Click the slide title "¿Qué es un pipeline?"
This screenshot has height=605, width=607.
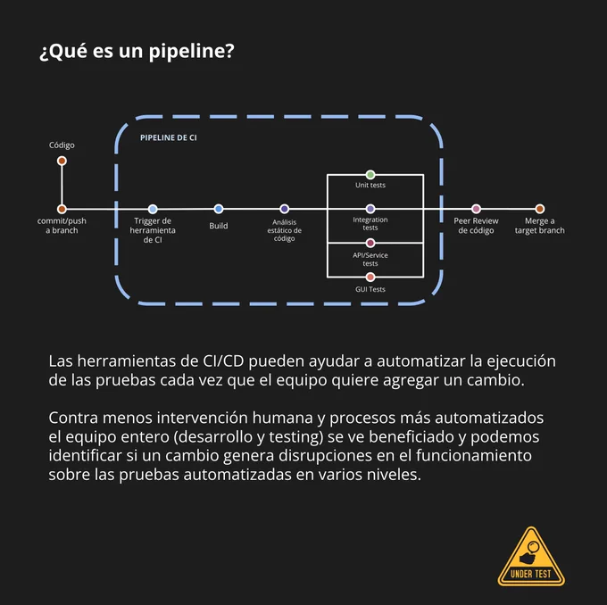137,52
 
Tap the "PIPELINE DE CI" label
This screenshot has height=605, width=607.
169,137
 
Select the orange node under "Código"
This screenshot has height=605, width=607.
62,161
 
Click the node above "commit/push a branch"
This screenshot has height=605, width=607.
62,210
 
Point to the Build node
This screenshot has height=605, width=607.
219,209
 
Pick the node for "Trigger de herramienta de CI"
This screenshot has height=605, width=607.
153,210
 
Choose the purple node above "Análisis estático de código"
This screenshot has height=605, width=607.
285,209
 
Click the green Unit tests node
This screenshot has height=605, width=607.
370,175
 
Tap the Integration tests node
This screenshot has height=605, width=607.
370,209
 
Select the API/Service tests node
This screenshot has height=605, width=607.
370,243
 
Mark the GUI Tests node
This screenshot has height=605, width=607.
370,278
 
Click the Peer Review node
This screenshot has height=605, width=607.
476,209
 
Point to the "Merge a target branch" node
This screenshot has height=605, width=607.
540,209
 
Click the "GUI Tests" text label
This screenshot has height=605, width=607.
370,289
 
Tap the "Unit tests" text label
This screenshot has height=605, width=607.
370,186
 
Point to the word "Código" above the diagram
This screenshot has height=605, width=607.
62,145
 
